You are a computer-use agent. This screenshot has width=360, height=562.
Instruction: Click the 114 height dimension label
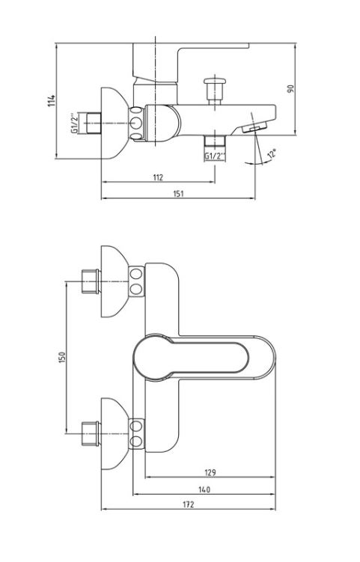[52, 100]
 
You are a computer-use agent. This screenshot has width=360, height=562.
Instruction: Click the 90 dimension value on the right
[290, 88]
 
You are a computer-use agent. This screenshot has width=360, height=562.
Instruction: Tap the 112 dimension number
[158, 177]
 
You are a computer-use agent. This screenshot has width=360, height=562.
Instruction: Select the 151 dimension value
[178, 194]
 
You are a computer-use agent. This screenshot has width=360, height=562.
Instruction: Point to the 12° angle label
[272, 153]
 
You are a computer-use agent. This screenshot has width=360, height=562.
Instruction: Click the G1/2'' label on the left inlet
[74, 123]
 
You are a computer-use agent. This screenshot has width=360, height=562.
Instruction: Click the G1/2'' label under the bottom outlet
[215, 156]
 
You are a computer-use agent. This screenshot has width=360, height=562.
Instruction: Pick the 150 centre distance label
[61, 358]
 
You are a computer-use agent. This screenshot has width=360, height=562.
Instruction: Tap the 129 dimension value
[210, 472]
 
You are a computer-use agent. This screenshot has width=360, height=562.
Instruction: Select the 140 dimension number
[204, 489]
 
